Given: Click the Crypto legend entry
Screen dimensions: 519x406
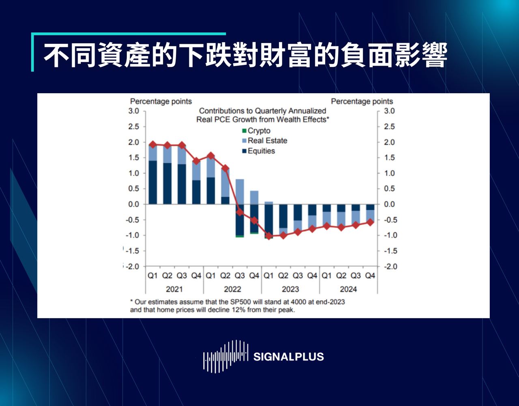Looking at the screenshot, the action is (x=258, y=131).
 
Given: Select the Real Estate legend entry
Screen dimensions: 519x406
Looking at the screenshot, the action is (x=267, y=141).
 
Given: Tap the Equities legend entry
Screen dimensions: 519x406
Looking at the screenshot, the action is (x=261, y=151).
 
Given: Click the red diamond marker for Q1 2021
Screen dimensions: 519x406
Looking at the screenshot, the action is (x=152, y=144).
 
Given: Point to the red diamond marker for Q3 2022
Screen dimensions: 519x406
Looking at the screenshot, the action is (x=240, y=212).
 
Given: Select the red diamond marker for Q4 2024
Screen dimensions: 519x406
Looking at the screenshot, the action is (x=370, y=222).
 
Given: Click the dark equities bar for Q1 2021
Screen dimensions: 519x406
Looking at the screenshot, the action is (x=152, y=182).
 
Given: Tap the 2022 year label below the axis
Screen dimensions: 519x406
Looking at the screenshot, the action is (x=232, y=289).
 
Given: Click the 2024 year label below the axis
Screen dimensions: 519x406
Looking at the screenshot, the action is (x=348, y=289).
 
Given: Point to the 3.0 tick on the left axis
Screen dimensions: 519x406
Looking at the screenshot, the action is (x=134, y=111).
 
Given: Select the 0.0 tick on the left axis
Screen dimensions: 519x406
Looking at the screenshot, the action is (x=134, y=204).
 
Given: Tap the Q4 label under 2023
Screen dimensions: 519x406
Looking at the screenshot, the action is (x=312, y=276).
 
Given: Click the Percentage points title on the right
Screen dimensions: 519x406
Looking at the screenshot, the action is (x=362, y=101).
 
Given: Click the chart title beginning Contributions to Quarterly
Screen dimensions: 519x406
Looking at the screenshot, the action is (x=262, y=115).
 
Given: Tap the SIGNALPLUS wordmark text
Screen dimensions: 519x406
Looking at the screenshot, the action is (x=288, y=357).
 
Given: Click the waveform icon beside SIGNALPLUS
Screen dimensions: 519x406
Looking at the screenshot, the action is (x=225, y=356).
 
